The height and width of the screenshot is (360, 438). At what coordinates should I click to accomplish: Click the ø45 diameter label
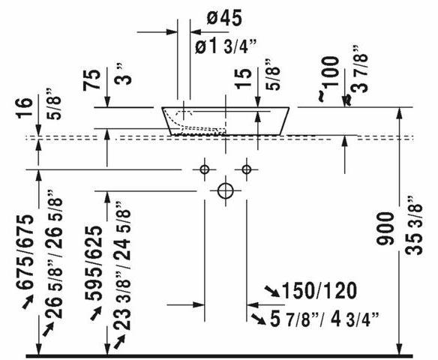(224, 18)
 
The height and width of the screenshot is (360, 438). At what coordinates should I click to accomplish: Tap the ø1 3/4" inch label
(226, 46)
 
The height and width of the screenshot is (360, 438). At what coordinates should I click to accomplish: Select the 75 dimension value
(91, 80)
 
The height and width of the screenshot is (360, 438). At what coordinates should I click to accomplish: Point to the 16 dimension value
(24, 108)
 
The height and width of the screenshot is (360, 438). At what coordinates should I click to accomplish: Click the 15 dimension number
(244, 79)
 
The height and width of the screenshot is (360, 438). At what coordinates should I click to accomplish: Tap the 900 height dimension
(385, 229)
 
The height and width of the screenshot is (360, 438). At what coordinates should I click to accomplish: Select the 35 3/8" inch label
(414, 226)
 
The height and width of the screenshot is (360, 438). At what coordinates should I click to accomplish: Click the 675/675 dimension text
(25, 252)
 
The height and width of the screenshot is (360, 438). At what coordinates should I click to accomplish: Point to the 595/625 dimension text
(94, 262)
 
